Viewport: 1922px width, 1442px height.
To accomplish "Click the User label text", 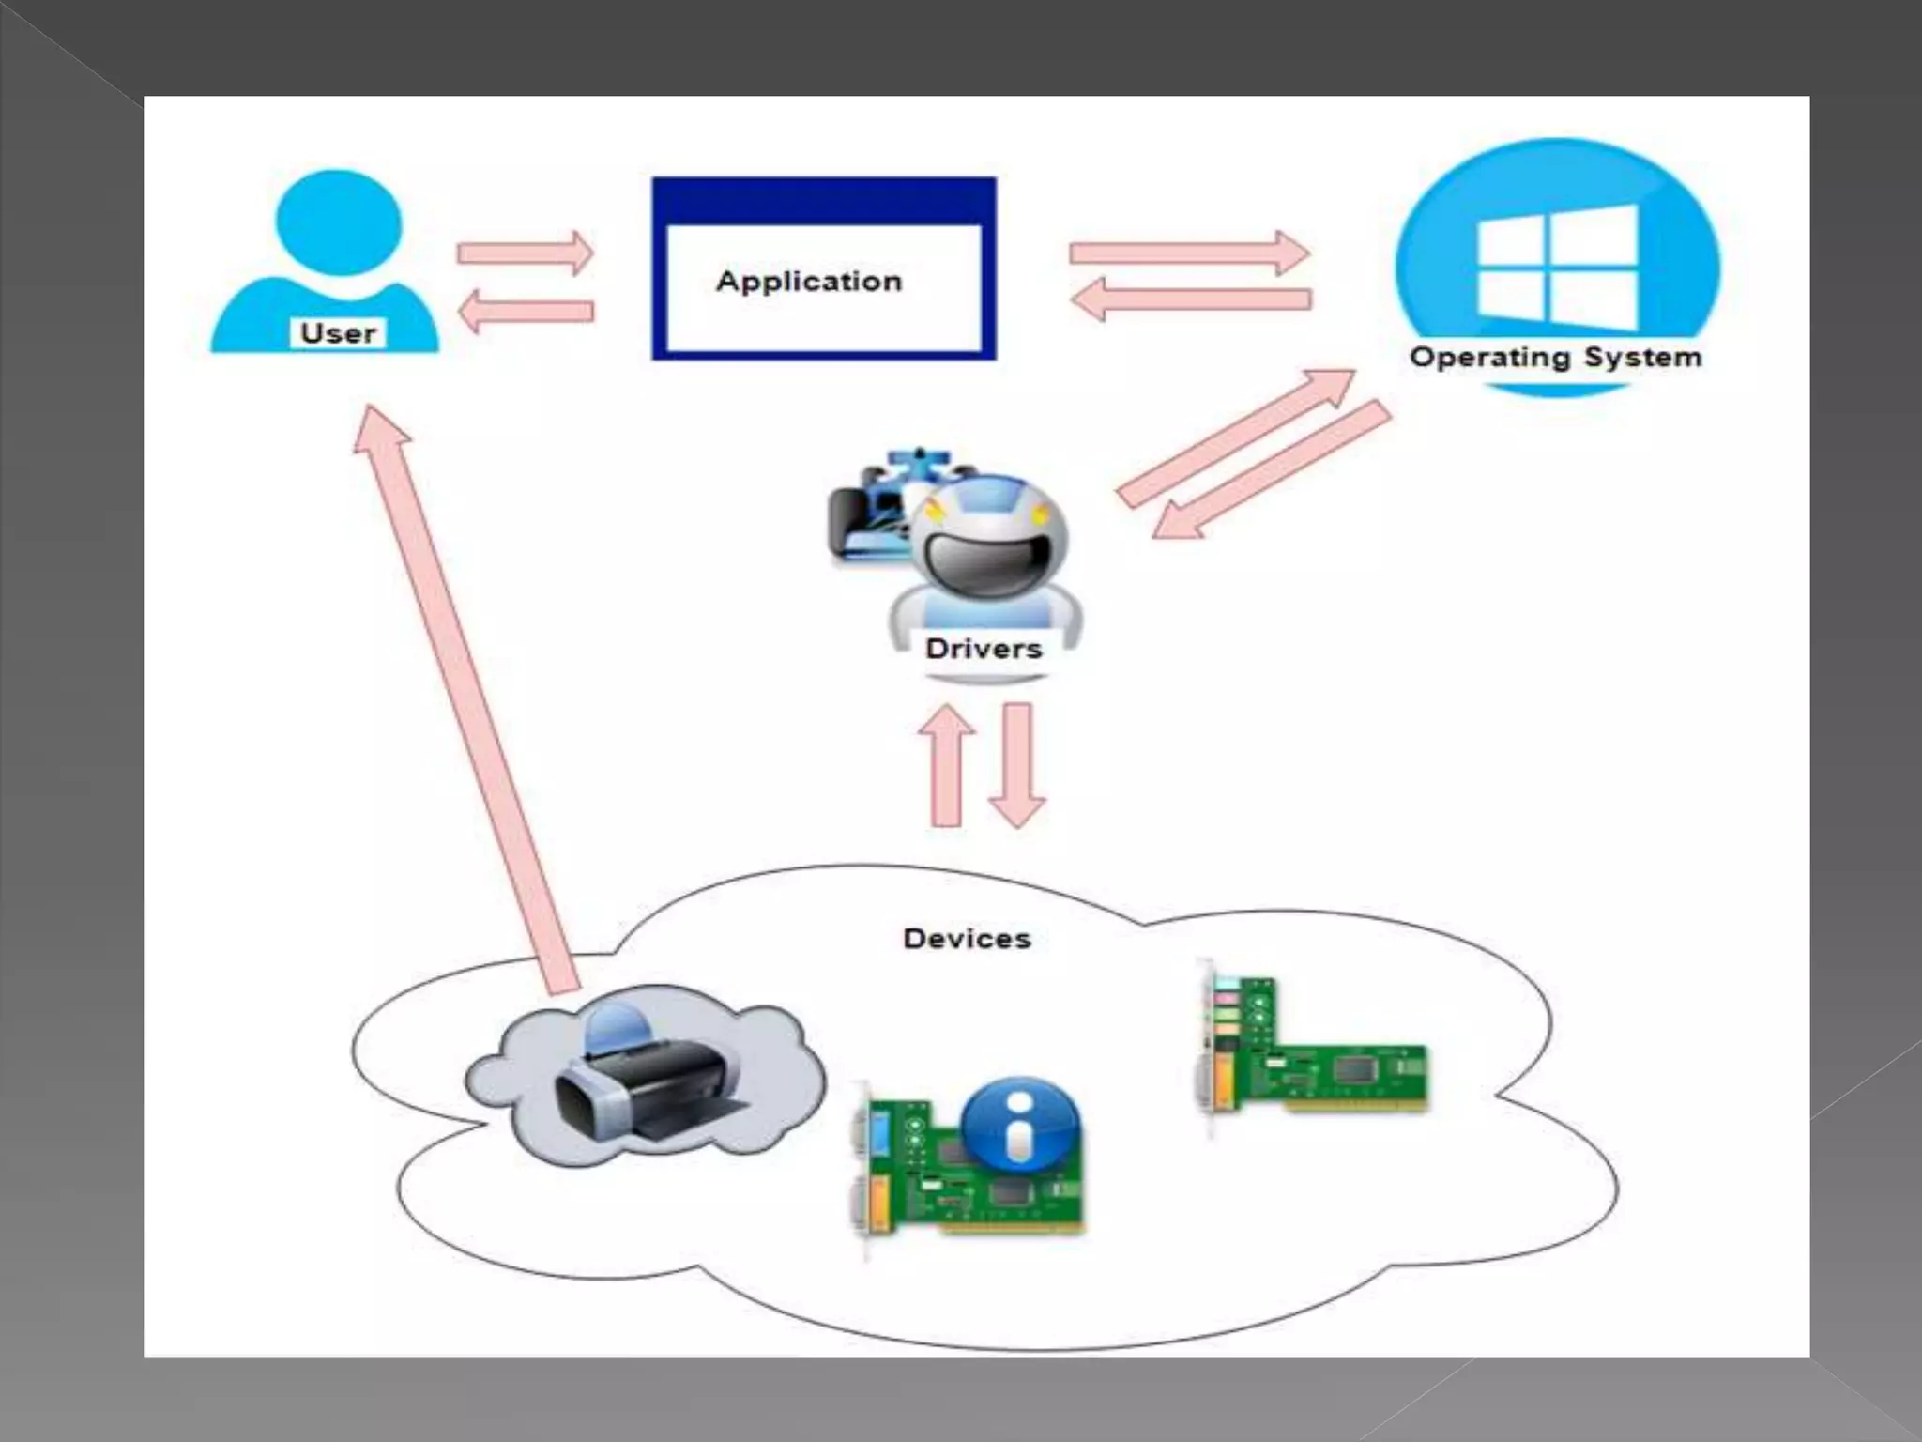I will [x=338, y=333].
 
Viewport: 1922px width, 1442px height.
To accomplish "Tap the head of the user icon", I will [x=338, y=223].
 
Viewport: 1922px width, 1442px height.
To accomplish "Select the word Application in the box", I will [x=809, y=282].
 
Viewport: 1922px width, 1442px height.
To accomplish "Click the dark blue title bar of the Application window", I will [x=824, y=200].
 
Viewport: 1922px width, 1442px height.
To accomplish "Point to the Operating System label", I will [x=1555, y=358].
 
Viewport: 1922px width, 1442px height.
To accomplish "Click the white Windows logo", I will [x=1557, y=268].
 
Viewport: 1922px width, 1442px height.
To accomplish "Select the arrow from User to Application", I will [x=525, y=253].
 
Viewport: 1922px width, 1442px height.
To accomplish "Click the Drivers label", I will [x=984, y=649].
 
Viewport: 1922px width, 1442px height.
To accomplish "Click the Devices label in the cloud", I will [x=967, y=939].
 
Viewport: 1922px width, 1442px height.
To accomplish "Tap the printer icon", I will [x=648, y=1080].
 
